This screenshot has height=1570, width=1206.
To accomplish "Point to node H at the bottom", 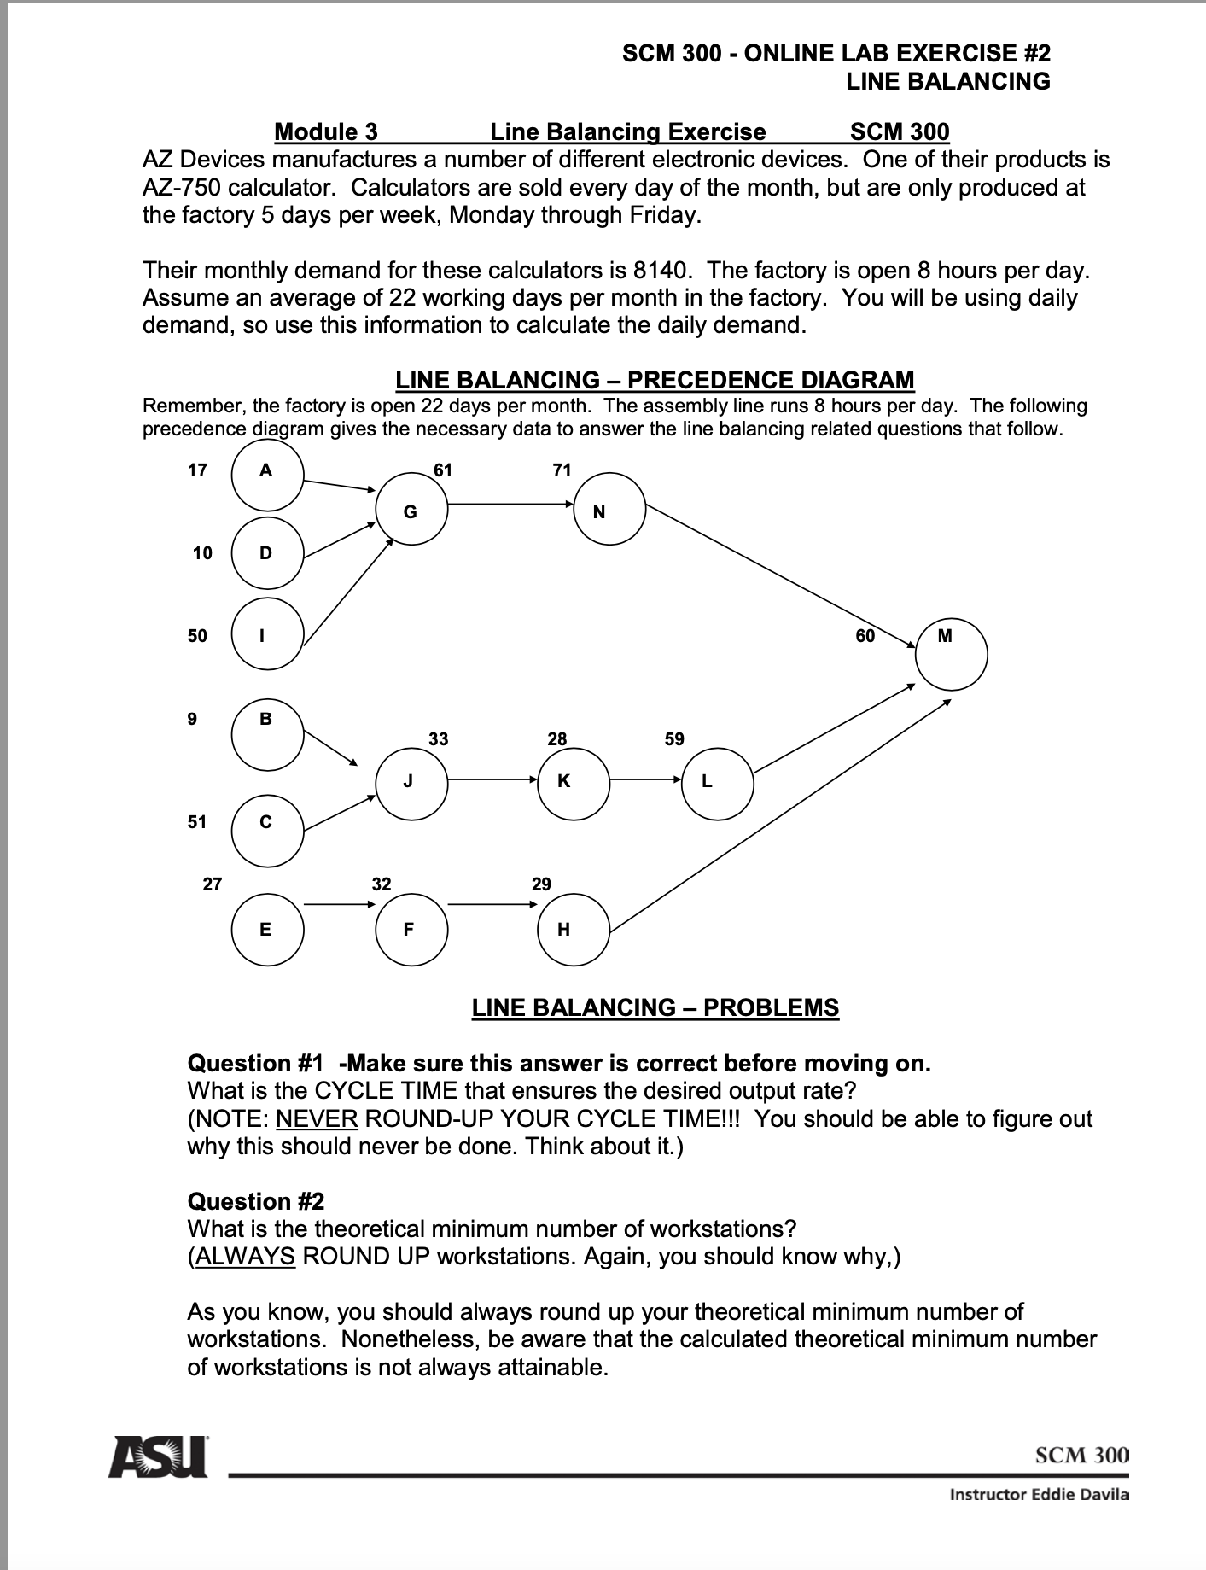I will pyautogui.click(x=574, y=930).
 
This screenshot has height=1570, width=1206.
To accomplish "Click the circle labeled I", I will pyautogui.click(x=266, y=634).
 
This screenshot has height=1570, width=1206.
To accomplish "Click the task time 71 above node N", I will pyautogui.click(x=562, y=470).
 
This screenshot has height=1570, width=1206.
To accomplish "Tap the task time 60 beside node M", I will pyautogui.click(x=865, y=636).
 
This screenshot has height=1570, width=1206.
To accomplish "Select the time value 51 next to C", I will pyautogui.click(x=197, y=821).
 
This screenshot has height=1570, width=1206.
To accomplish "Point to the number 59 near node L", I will pyautogui.click(x=674, y=738).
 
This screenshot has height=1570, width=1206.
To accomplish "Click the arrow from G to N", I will pyautogui.click(x=510, y=504).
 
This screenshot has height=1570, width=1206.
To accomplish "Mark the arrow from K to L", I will pyautogui.click(x=645, y=779).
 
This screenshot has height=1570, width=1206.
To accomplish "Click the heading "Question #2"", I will pyautogui.click(x=256, y=1201).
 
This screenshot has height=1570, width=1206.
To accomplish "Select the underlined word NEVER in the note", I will pyautogui.click(x=317, y=1118).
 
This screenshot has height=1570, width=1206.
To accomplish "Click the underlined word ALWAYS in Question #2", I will pyautogui.click(x=245, y=1257).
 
